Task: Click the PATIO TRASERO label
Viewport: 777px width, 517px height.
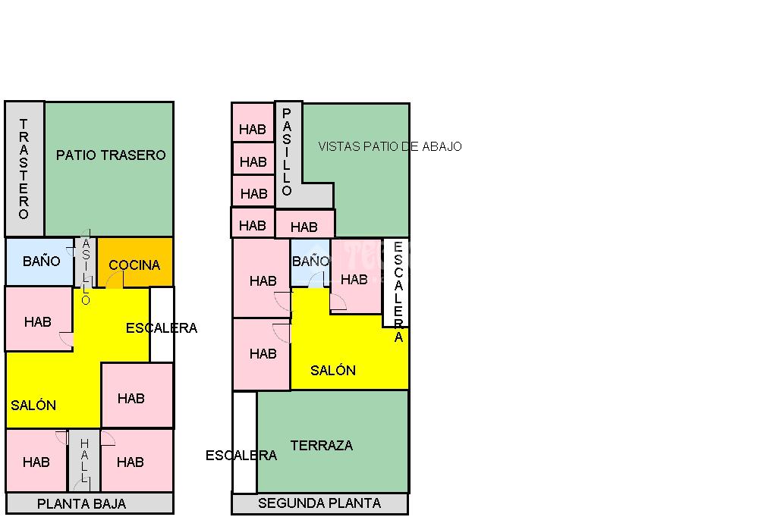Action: tap(111, 155)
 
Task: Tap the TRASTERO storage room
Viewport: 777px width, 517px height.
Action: tap(24, 168)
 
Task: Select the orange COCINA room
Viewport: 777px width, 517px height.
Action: tap(134, 265)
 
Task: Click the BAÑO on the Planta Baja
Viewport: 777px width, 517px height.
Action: tap(41, 262)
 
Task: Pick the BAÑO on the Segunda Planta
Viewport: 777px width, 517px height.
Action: tap(310, 262)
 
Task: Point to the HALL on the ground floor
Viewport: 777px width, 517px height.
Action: tap(84, 460)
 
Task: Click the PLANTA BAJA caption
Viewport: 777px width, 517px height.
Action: tap(81, 503)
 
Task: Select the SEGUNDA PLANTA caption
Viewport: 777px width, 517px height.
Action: tap(319, 503)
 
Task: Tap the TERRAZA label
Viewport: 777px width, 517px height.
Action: tap(322, 446)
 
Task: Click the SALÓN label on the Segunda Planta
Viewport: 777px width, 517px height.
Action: tap(333, 371)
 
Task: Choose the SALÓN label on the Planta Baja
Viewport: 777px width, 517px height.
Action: tap(33, 406)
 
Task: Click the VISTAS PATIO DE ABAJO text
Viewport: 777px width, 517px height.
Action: tap(389, 146)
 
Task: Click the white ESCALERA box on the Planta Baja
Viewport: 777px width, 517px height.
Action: tap(162, 324)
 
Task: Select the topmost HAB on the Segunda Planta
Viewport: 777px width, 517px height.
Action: tap(253, 130)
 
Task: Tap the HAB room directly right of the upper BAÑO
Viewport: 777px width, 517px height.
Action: tap(354, 279)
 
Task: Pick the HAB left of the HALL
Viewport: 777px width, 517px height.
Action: tap(36, 462)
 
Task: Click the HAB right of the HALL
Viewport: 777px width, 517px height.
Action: tap(131, 462)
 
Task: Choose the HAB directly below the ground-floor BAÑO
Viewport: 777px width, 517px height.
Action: tap(38, 321)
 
